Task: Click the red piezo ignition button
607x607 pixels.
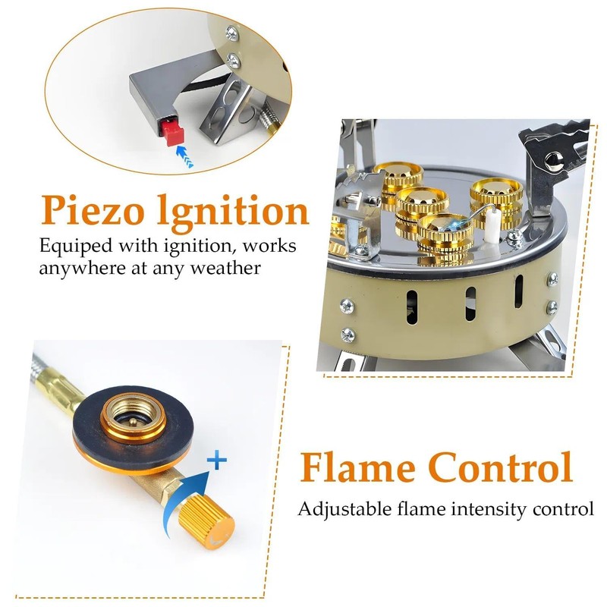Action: (x=173, y=131)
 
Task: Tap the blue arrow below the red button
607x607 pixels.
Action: (x=184, y=156)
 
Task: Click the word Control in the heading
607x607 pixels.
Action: (x=501, y=467)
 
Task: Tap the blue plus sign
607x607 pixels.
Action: (x=217, y=460)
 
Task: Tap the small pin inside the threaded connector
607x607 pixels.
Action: (x=132, y=422)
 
